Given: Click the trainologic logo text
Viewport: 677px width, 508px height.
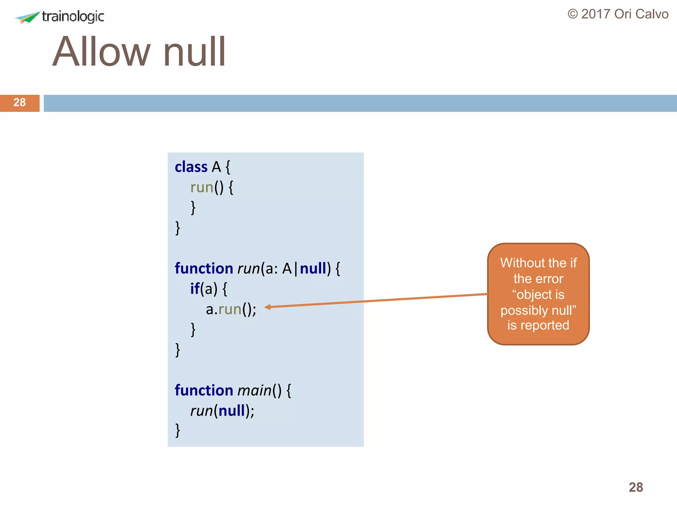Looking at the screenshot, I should (x=73, y=16).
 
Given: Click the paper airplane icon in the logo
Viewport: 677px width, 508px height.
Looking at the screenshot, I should (x=28, y=17).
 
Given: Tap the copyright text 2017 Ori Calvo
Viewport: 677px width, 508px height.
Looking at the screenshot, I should (x=618, y=14).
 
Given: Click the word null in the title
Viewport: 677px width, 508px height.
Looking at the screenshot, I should (x=194, y=52).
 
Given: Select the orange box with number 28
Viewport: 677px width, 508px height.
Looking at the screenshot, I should (x=20, y=103).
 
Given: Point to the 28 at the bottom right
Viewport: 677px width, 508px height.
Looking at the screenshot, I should (x=635, y=487).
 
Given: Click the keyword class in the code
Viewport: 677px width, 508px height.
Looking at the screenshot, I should (x=191, y=167).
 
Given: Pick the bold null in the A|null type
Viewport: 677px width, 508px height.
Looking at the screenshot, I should (x=313, y=269).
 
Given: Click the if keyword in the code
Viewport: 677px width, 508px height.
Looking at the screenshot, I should (x=195, y=289).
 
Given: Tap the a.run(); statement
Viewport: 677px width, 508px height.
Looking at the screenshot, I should (x=231, y=310).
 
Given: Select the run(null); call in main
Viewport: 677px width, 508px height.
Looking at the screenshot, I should (x=222, y=411).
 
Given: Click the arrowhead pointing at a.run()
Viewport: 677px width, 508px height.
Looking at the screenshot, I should (x=267, y=307).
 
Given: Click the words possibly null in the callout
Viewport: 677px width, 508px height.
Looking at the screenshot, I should (x=538, y=311).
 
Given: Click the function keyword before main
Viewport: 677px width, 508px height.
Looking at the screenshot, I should (x=204, y=391).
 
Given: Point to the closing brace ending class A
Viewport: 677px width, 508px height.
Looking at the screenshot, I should (x=178, y=228).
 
